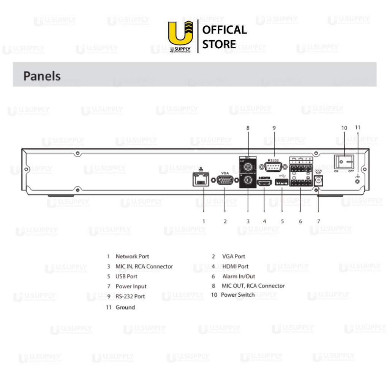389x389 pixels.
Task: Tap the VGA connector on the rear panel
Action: [x=225, y=180]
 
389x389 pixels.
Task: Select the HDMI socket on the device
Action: [x=264, y=183]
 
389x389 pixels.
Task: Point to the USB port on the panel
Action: [x=282, y=183]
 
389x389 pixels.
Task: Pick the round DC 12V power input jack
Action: [x=318, y=182]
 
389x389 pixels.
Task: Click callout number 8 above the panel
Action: [x=248, y=128]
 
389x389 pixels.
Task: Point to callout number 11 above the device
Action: [x=357, y=127]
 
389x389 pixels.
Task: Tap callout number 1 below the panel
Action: [x=204, y=221]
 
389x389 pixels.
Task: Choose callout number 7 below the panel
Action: [x=318, y=221]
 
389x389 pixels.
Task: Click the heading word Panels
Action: [x=42, y=76]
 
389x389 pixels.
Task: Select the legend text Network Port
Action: [x=132, y=256]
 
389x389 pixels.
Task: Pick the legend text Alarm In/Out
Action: [x=239, y=276]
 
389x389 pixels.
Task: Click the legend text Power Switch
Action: [x=238, y=295]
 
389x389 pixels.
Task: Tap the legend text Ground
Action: [x=125, y=307]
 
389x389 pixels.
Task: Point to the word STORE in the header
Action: [x=219, y=44]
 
